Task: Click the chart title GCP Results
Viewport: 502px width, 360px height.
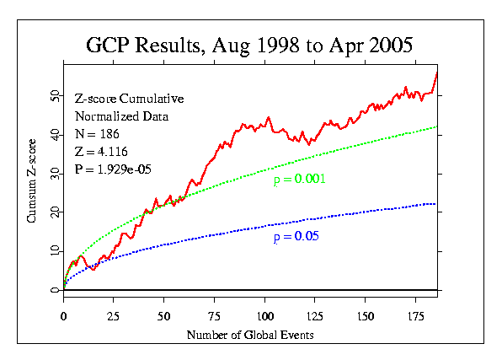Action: coord(143,45)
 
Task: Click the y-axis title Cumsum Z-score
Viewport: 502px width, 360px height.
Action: coord(31,180)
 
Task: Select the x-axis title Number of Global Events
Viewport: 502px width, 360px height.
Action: coord(250,335)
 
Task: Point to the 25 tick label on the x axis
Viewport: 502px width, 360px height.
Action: coord(113,316)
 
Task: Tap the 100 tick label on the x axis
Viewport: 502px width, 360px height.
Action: coord(265,316)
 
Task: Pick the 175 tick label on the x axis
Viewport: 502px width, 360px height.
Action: coord(415,316)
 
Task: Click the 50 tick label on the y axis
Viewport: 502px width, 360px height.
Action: coord(56,96)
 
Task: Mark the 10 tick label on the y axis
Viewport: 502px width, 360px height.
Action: coord(56,251)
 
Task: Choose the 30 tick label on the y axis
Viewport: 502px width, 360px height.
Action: coord(56,174)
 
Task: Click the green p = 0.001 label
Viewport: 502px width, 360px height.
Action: coord(299,180)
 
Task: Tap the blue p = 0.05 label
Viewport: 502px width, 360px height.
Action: coord(296,237)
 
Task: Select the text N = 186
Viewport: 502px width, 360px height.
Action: coord(97,134)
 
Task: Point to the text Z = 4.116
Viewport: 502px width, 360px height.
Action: coord(101,152)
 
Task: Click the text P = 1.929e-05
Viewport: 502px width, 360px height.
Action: coord(113,169)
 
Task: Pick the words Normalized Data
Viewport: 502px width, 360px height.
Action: coord(121,116)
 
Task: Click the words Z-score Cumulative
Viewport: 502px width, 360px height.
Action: coord(130,99)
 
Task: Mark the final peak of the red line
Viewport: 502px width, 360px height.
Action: coord(437,73)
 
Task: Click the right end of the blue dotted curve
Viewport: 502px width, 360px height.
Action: coord(435,204)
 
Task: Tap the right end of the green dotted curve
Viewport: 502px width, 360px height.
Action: coord(436,127)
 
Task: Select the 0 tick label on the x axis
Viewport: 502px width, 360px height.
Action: coord(63,316)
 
